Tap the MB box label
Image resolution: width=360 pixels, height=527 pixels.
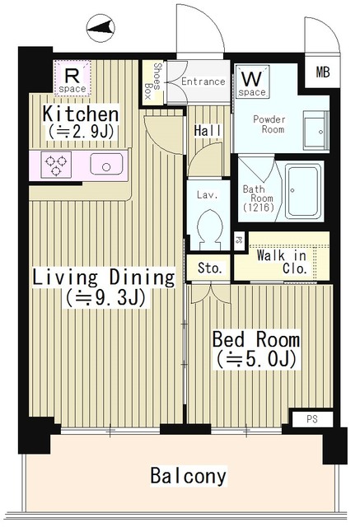[321, 72]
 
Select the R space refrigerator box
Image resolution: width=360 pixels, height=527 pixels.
[72, 79]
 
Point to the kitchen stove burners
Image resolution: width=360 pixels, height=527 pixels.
[56, 164]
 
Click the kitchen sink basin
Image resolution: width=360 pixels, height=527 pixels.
[107, 165]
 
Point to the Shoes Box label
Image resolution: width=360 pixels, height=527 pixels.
[153, 81]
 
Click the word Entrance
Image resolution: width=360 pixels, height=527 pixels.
[203, 82]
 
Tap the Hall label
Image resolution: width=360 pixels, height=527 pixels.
[206, 130]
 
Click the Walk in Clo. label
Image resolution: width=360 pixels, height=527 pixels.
[281, 261]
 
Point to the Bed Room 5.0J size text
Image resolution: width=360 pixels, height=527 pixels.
[255, 360]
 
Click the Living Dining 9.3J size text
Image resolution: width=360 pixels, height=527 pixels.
[105, 297]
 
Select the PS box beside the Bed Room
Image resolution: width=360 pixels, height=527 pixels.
[312, 419]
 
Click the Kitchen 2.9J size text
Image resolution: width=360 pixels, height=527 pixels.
[82, 131]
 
